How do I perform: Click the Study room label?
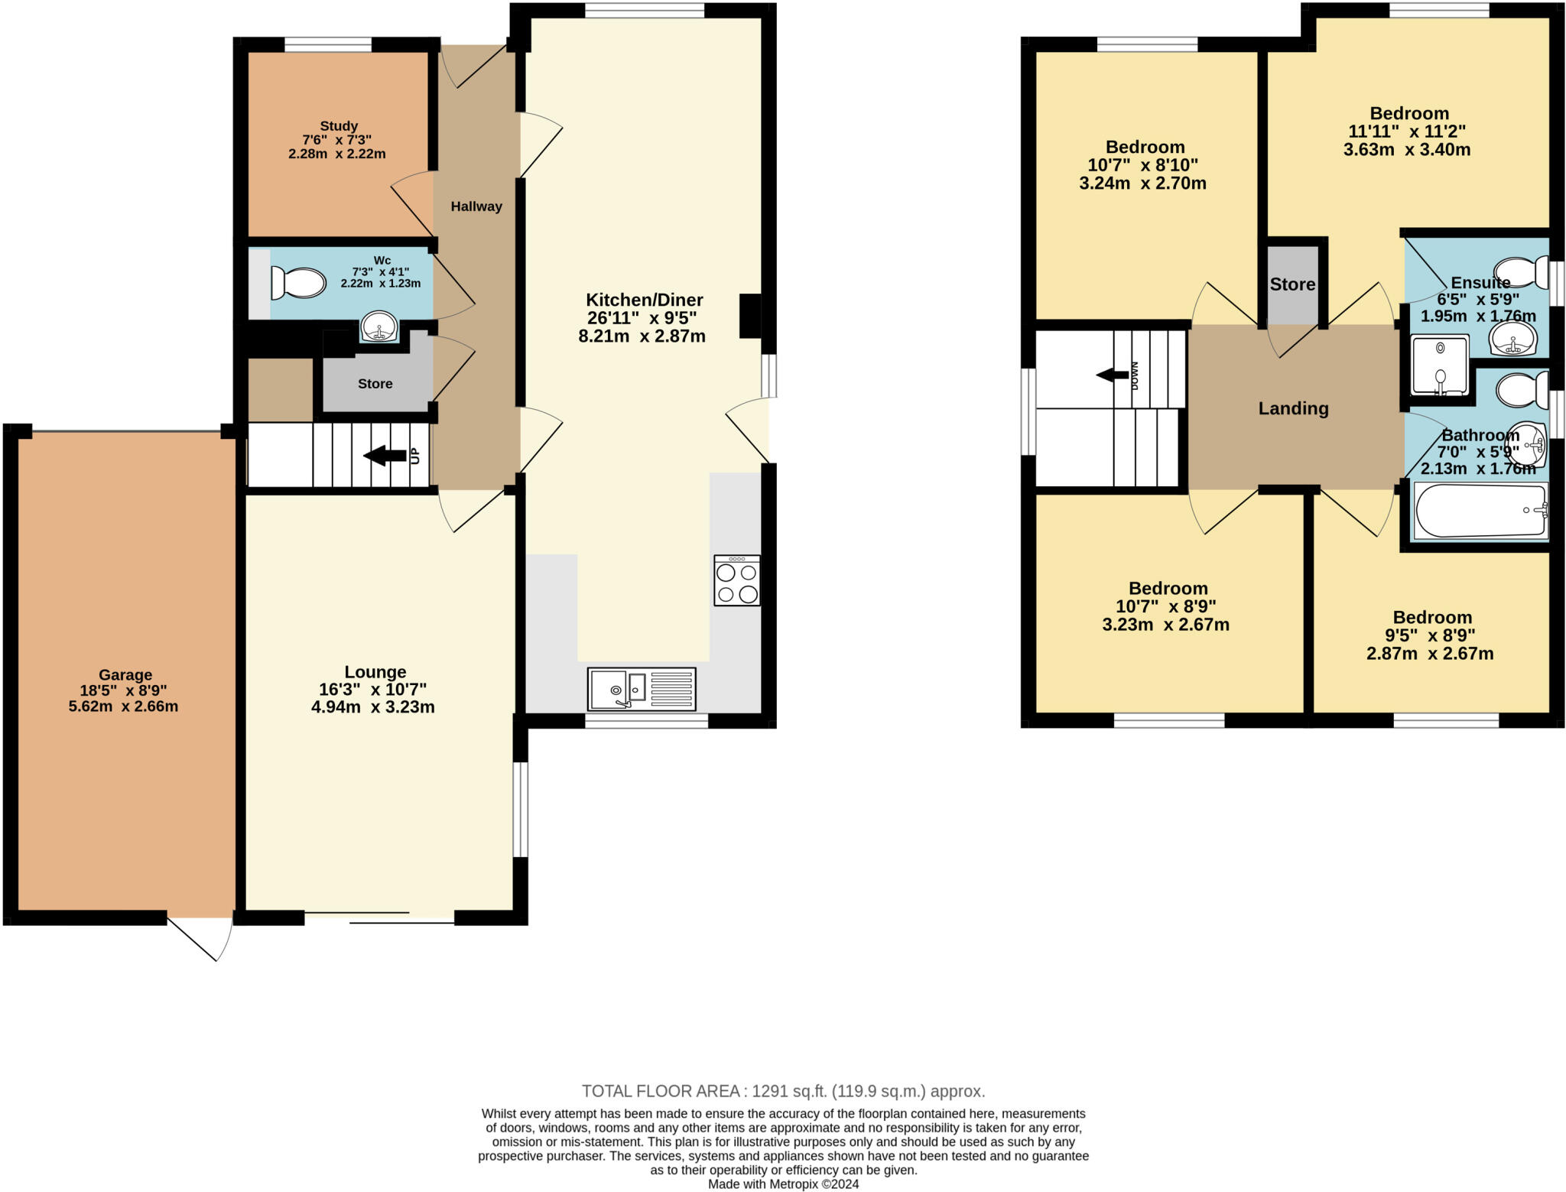click(339, 126)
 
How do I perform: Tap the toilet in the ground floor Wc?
click(299, 283)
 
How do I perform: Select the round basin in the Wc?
click(379, 328)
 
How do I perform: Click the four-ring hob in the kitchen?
click(737, 581)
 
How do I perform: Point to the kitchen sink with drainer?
click(642, 689)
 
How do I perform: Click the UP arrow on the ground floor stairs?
click(385, 456)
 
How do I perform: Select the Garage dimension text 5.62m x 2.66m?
click(123, 706)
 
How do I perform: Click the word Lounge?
click(375, 672)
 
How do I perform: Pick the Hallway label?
click(476, 206)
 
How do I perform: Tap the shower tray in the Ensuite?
click(1441, 365)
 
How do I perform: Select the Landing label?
click(1293, 408)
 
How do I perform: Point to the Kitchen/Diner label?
click(644, 300)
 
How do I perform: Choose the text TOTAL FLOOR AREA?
click(663, 1091)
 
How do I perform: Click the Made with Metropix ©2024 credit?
click(783, 1184)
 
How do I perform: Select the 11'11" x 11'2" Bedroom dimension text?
click(1407, 131)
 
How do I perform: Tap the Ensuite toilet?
click(1520, 271)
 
